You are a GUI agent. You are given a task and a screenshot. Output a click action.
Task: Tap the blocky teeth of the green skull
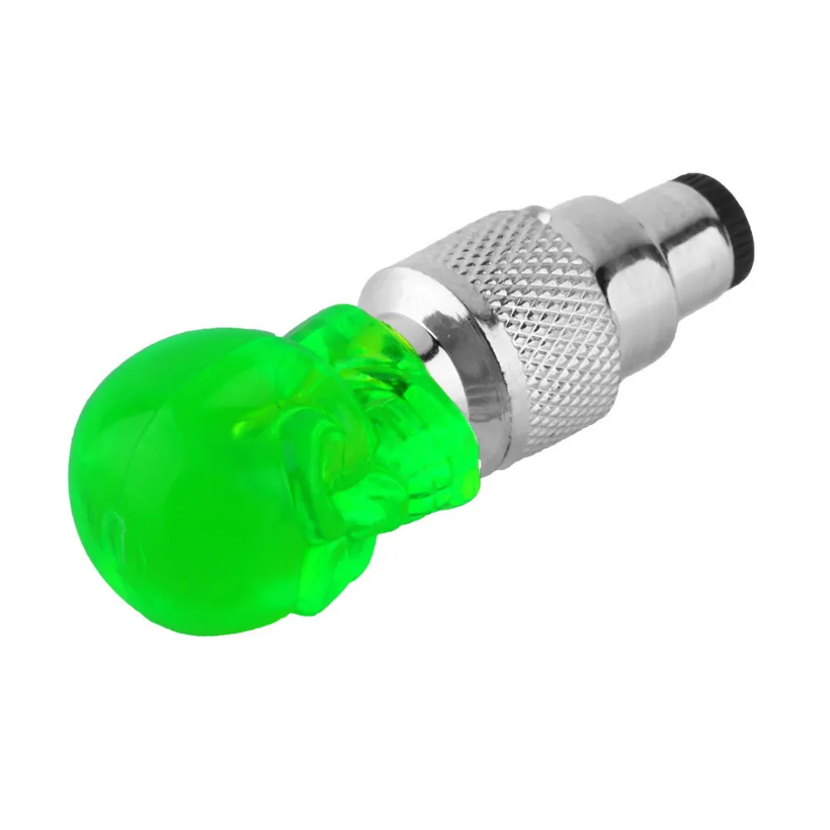432,481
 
